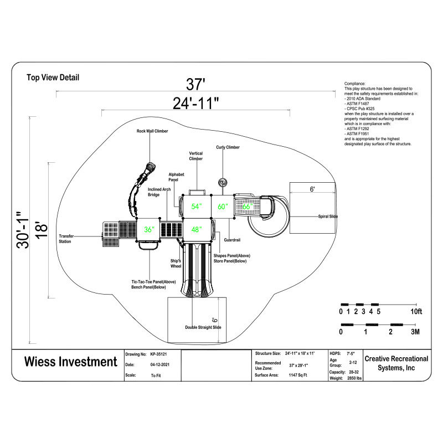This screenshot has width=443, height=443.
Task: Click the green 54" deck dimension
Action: [x=197, y=206]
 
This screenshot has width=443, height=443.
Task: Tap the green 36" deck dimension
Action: [x=149, y=229]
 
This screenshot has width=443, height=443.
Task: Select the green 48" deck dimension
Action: [x=197, y=229]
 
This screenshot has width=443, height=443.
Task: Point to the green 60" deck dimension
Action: [x=223, y=206]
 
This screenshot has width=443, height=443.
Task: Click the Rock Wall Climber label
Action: [x=152, y=131]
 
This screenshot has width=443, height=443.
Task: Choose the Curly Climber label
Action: [x=228, y=147]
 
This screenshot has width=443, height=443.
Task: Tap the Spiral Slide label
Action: [x=328, y=217]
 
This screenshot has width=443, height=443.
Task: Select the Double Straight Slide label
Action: [x=203, y=327]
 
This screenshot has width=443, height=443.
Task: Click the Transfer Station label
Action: [x=66, y=239]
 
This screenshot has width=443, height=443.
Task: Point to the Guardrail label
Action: [x=233, y=240]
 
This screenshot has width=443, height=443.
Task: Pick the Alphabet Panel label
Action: [x=177, y=177]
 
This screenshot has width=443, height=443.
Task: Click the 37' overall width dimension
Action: [x=195, y=85]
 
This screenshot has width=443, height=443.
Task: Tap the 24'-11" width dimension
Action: [x=195, y=102]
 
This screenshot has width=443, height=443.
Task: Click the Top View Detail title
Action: [x=53, y=78]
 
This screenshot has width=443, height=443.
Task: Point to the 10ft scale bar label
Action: [x=416, y=312]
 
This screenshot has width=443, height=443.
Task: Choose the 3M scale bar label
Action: [x=416, y=332]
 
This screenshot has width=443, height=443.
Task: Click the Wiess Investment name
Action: [x=70, y=362]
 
